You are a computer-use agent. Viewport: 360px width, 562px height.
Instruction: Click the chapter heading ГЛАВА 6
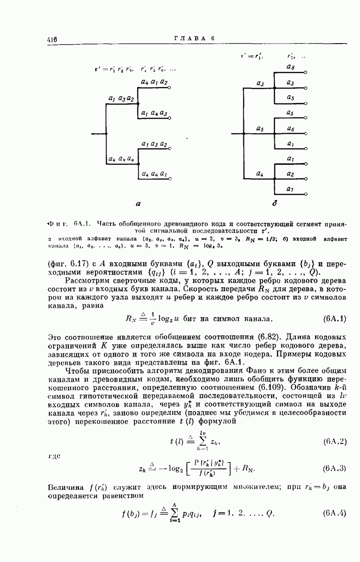pyautogui.click(x=194, y=39)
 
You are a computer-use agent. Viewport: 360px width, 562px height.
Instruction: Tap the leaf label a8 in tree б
pyautogui.click(x=290, y=67)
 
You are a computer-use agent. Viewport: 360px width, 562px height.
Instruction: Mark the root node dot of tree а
pyautogui.click(x=107, y=134)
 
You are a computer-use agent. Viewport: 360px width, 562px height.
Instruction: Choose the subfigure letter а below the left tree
pyautogui.click(x=138, y=204)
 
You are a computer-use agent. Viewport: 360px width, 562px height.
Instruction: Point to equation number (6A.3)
pyautogui.click(x=334, y=468)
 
